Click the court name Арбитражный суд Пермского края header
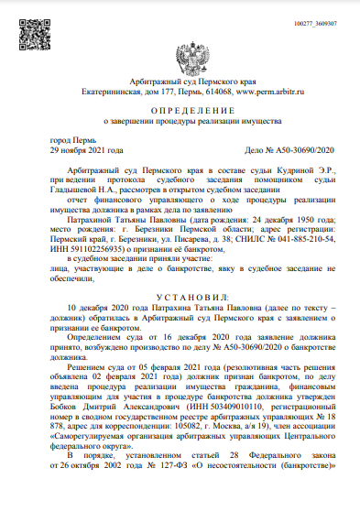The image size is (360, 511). (180, 83)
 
